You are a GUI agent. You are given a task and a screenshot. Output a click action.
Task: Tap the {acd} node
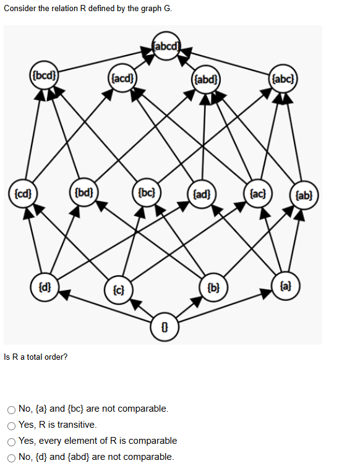pos(121,78)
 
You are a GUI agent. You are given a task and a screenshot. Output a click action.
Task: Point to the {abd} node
pos(205,79)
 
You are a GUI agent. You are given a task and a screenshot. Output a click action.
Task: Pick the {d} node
pos(45,287)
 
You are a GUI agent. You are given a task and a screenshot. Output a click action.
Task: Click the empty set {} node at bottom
pos(166,325)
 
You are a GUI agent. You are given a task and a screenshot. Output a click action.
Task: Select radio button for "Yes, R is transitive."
pos(12,425)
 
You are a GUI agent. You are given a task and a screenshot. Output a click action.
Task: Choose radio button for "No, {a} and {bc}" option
pos(12,409)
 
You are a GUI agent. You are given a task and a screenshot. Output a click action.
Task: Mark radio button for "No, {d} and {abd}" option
pos(12,457)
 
